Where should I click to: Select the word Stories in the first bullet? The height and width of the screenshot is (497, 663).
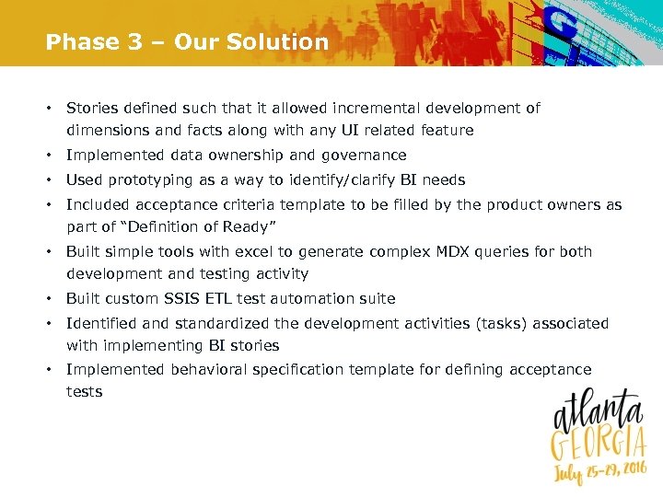tap(92, 109)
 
